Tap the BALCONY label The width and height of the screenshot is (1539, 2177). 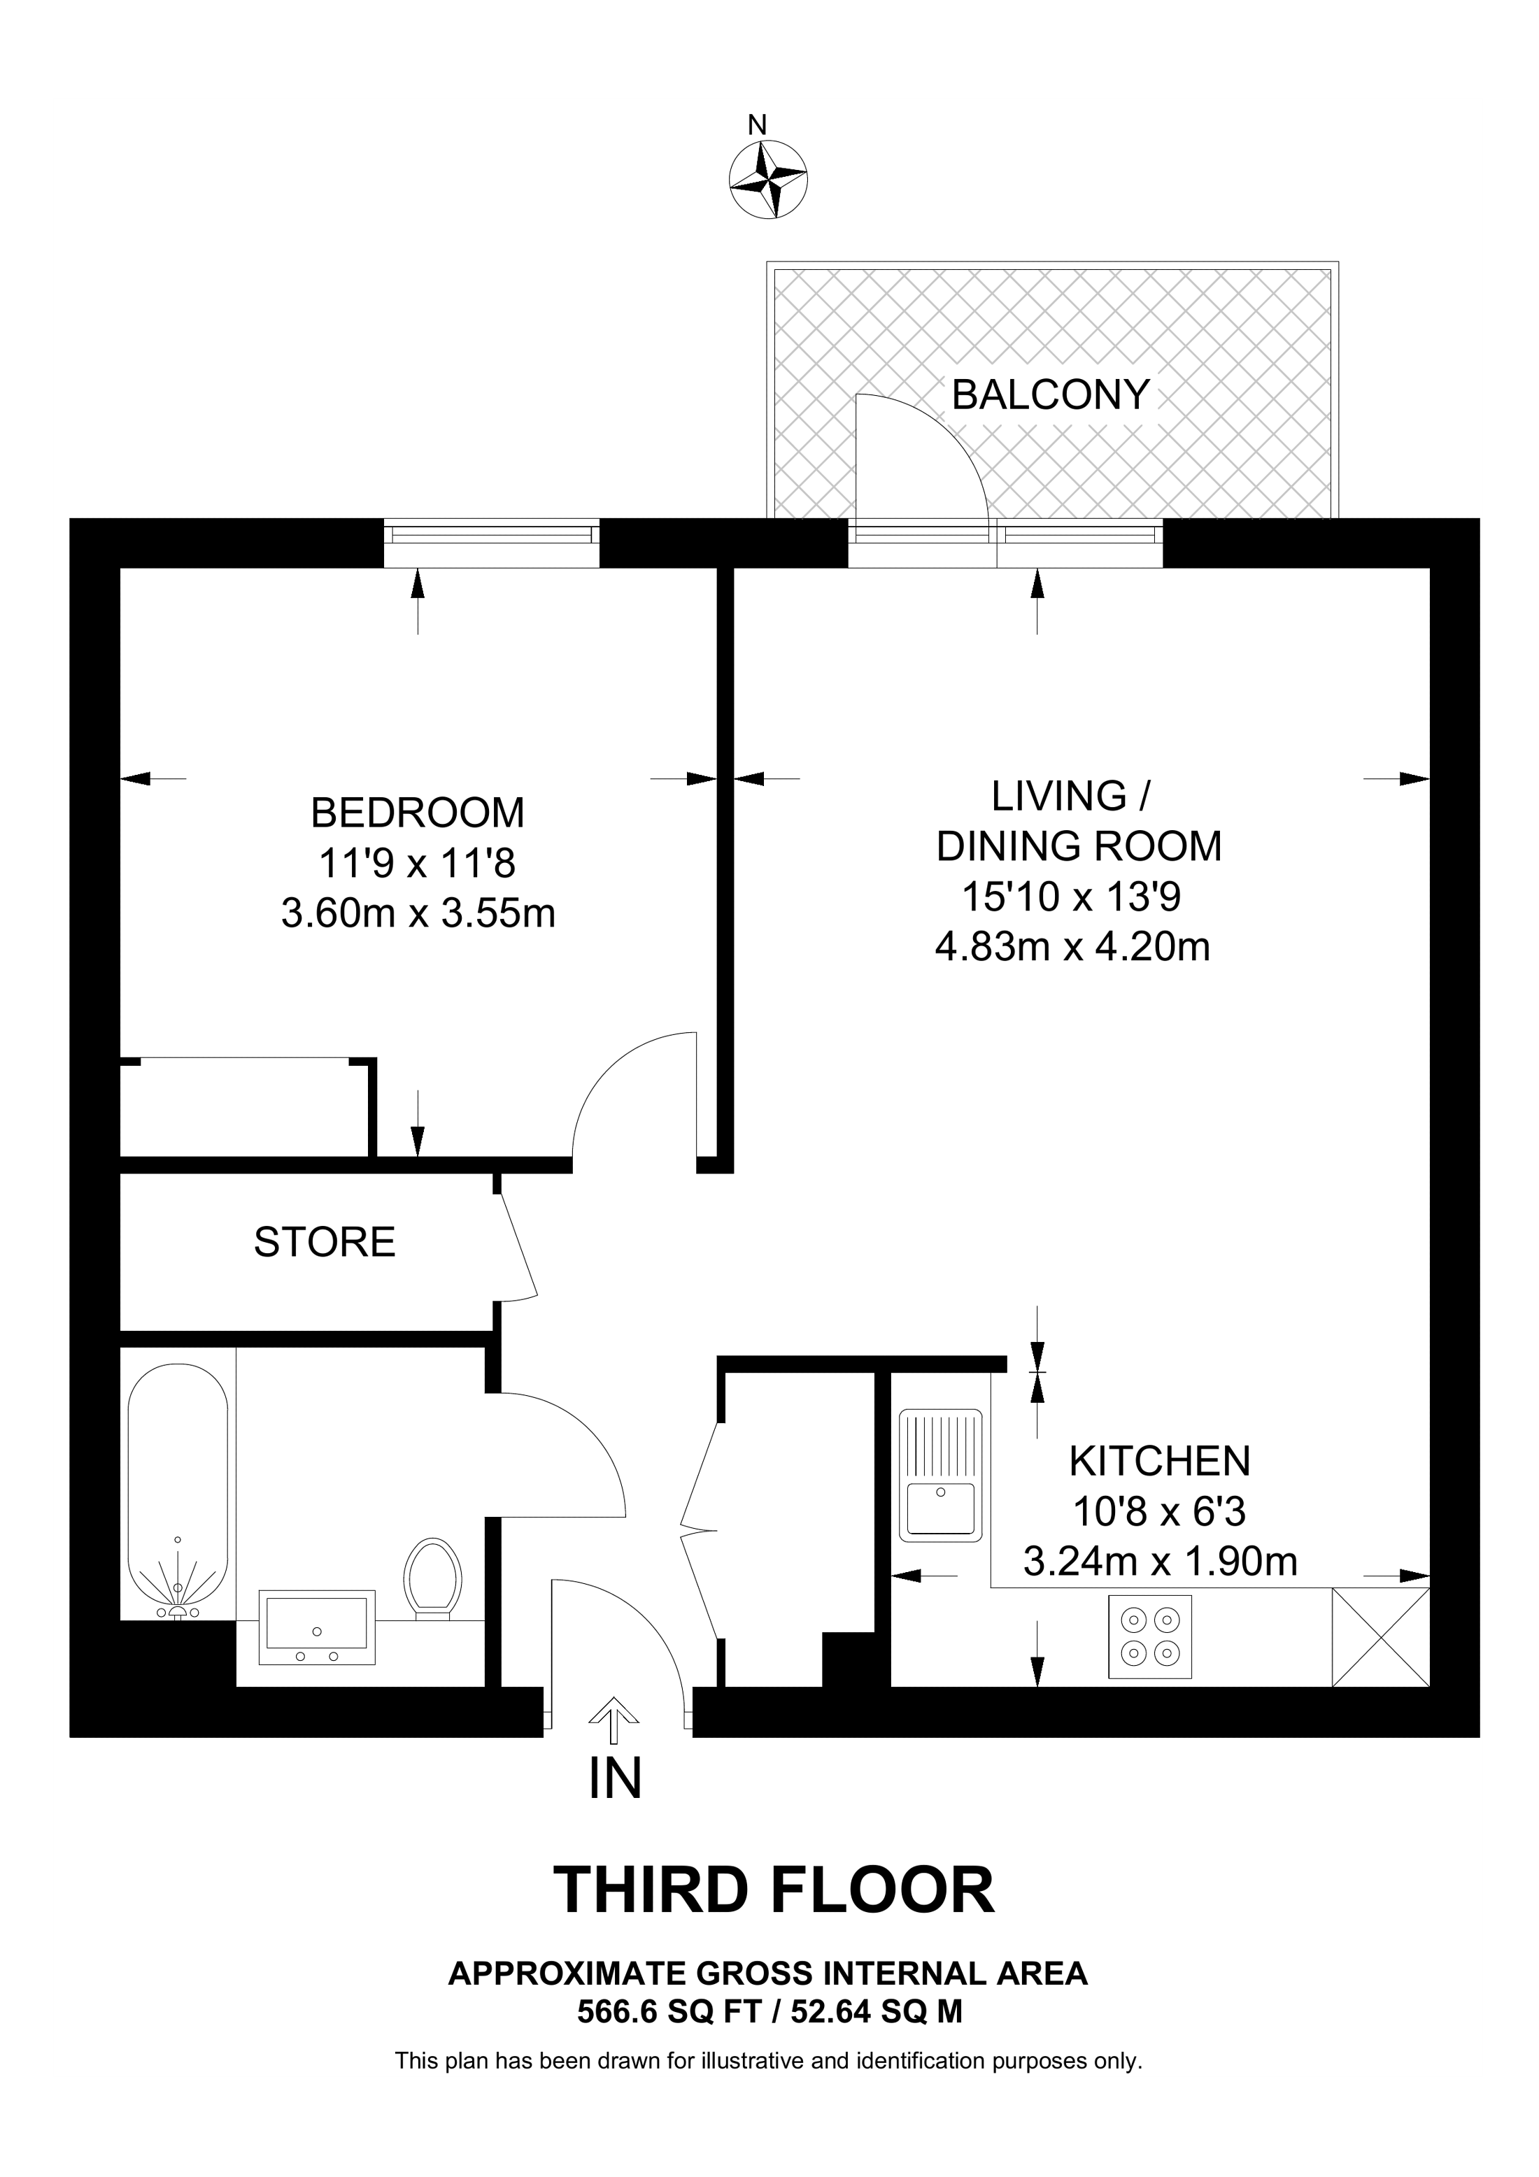tap(1050, 394)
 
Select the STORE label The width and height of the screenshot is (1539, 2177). tap(325, 1241)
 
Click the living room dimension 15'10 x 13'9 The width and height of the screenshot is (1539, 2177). tap(1072, 896)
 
